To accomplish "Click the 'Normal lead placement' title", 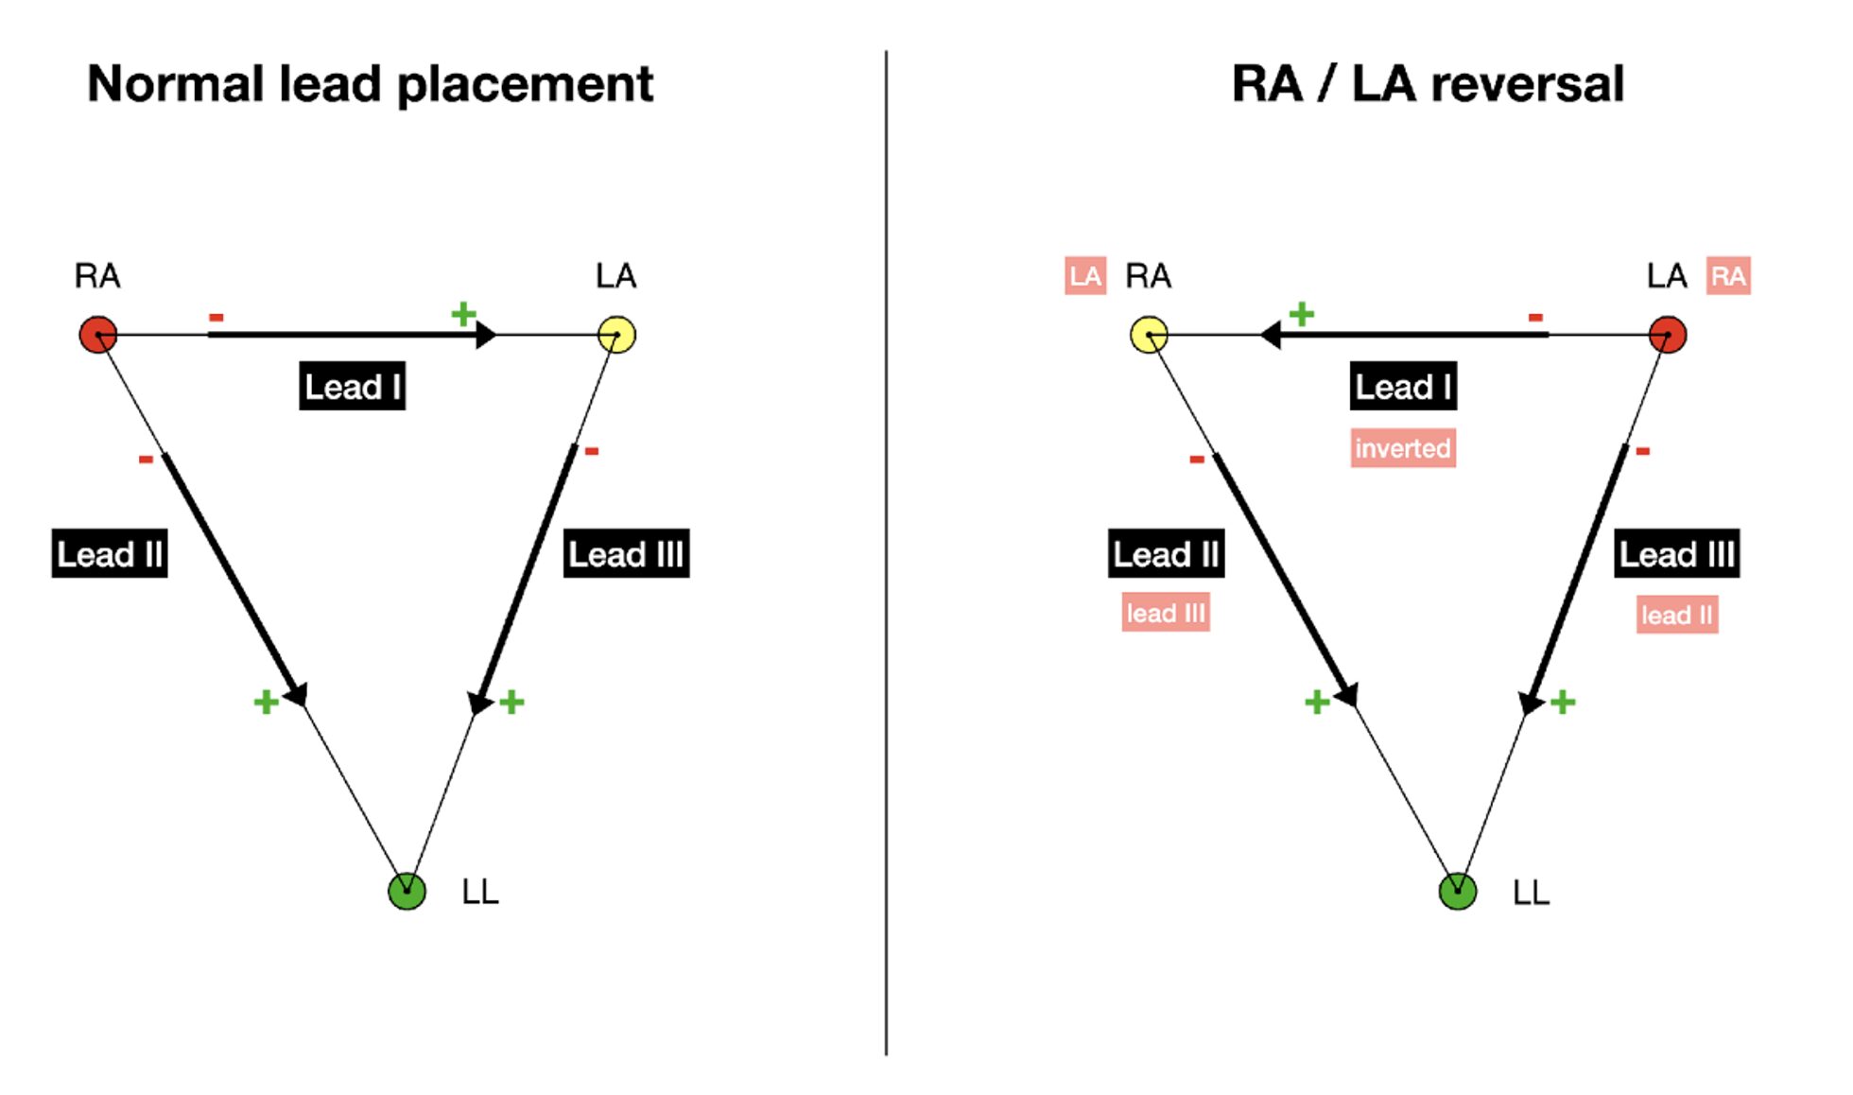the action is pos(370,85).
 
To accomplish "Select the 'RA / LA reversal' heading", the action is pos(1428,84).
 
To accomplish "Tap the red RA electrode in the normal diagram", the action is pos(97,335).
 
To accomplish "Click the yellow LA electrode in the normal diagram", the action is pos(617,335).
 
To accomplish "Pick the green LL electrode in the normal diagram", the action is pos(407,891).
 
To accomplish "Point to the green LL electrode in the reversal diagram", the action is pos(1458,891).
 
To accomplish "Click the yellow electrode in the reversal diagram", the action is pos(1150,335).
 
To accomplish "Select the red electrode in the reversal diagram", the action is pos(1668,335).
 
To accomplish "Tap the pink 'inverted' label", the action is pos(1403,448).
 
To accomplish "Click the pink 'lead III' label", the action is pos(1166,613).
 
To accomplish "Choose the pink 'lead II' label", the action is pos(1677,615).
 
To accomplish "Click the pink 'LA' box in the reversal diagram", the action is pos(1085,276).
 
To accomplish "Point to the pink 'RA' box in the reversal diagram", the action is pos(1728,276).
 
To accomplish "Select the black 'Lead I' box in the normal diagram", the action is pos(353,386).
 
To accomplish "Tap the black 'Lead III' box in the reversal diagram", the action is pos(1677,553).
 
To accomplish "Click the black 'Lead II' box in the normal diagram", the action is pos(110,553).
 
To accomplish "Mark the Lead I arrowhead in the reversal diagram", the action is pos(1271,335).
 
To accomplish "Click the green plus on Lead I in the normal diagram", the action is pos(463,313).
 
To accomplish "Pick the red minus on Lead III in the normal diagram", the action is pos(592,451).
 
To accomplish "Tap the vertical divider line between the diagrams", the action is pos(886,552).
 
